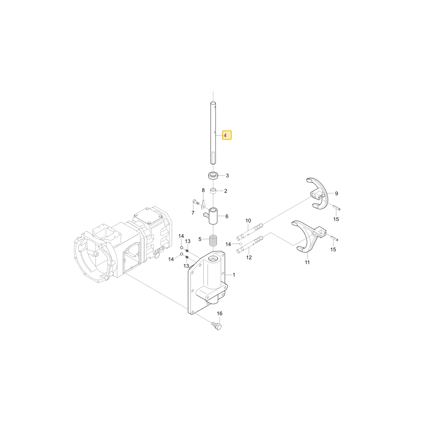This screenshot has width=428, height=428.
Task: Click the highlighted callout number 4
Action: pos(226,135)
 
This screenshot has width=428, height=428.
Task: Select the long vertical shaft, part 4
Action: pos(213,133)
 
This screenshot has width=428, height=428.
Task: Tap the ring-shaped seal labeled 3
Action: pos(213,175)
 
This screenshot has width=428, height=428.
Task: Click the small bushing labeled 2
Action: pos(214,191)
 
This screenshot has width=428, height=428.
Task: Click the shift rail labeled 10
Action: pos(250,231)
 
